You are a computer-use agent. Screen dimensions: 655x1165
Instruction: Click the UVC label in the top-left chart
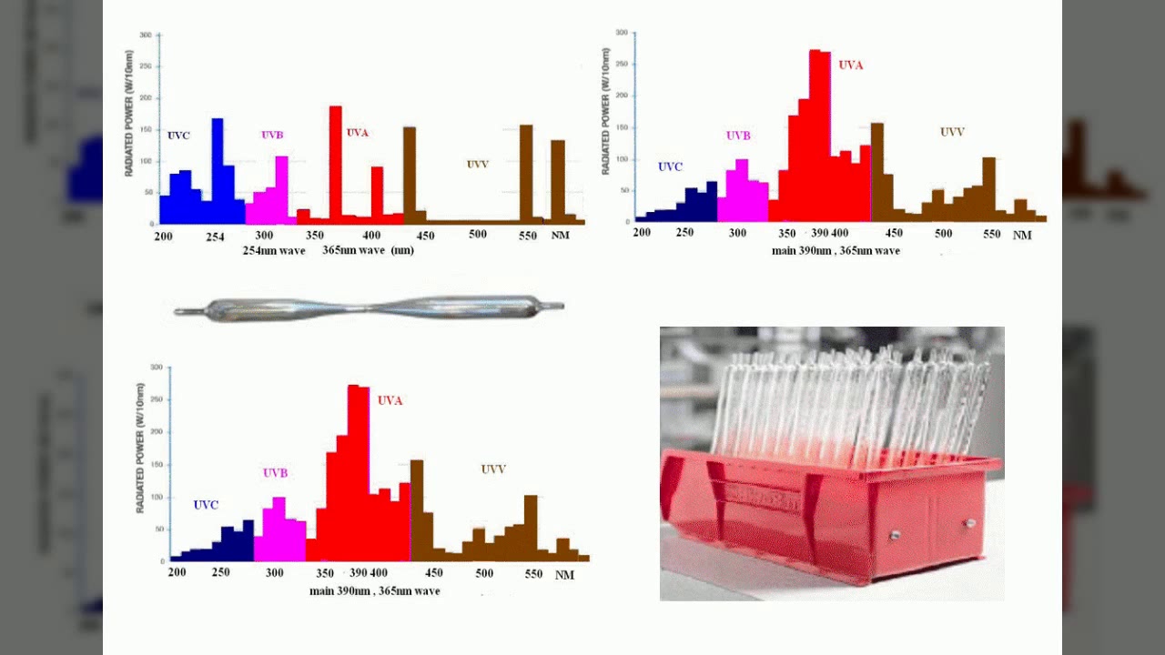[178, 136]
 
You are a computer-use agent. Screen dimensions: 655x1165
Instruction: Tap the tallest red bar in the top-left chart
[335, 164]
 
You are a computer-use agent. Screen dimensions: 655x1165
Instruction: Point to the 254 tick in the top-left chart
[215, 237]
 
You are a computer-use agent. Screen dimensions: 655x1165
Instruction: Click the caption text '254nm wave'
[274, 250]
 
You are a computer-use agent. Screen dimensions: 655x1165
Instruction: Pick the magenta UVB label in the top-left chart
[272, 136]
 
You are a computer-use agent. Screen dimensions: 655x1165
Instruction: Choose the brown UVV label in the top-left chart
[477, 165]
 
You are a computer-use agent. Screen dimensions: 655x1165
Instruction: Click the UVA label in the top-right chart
[850, 65]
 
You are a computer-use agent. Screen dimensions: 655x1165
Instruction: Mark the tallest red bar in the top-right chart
[815, 136]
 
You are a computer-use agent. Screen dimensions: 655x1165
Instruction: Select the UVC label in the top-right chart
[670, 167]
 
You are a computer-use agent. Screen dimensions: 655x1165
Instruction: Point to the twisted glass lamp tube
[369, 308]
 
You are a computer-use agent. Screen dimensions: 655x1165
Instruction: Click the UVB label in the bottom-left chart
[275, 473]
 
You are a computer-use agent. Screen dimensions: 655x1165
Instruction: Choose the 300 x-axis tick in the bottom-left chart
[275, 573]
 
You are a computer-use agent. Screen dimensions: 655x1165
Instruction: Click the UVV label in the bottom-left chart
[493, 469]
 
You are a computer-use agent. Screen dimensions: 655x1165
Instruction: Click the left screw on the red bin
[895, 536]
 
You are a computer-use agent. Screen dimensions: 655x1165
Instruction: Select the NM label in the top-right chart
[1022, 236]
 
